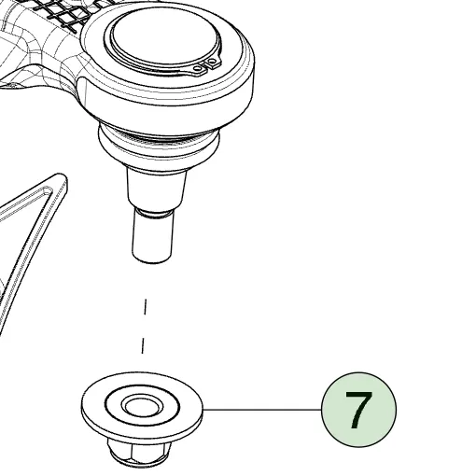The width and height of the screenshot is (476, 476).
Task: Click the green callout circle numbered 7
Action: [x=358, y=410]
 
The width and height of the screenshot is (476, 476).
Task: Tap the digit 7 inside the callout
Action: [x=358, y=410]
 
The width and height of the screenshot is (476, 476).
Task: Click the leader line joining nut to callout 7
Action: [x=262, y=410]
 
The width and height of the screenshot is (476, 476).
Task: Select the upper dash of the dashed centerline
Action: [x=145, y=307]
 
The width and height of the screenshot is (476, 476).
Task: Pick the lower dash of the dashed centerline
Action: [x=143, y=346]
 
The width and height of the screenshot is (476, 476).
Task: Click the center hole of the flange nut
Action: [x=142, y=406]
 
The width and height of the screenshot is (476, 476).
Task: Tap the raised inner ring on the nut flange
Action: [x=143, y=406]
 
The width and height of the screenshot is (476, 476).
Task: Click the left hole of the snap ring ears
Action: [x=198, y=68]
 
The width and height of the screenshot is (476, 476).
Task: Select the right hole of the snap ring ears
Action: [x=213, y=61]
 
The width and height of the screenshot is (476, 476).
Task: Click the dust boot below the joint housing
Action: [x=159, y=145]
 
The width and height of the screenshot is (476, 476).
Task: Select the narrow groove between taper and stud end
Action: [x=153, y=212]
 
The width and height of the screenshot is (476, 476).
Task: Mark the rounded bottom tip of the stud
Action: [x=152, y=260]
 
